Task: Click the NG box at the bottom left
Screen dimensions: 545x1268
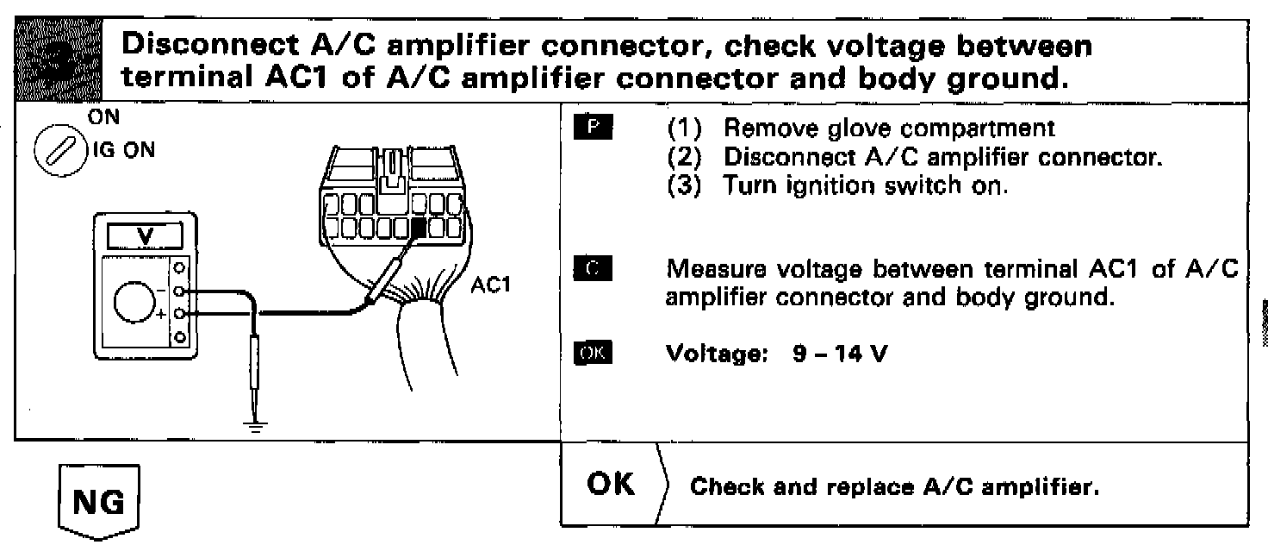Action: [x=100, y=504]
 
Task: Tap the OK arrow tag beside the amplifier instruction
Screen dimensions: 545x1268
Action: [x=614, y=485]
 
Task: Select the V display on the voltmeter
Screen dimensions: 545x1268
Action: [x=142, y=235]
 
